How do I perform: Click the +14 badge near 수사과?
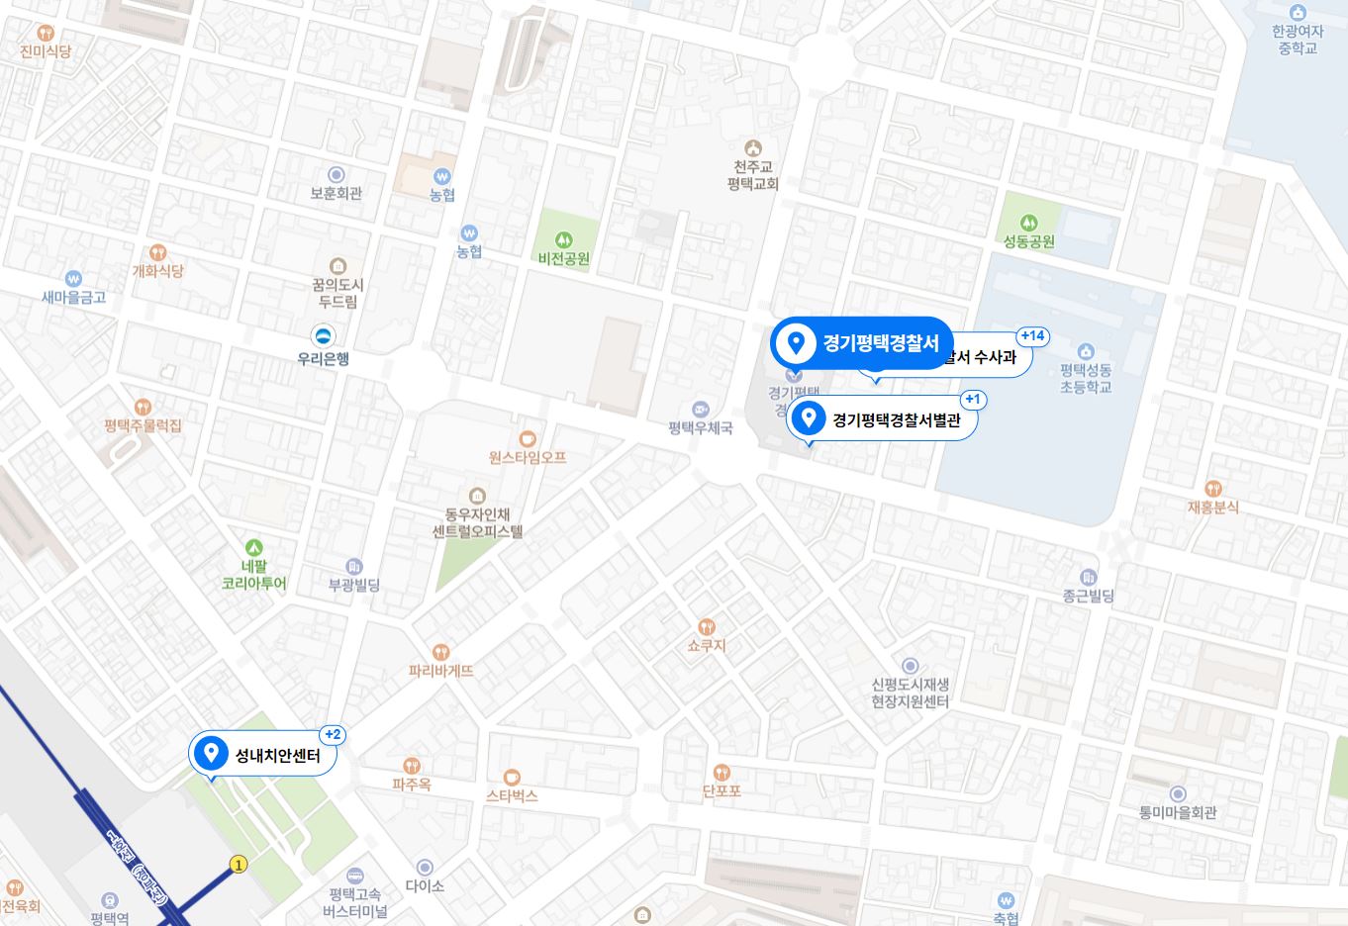click(x=1032, y=336)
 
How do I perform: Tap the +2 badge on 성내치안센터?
click(x=333, y=735)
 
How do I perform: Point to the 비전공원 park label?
click(x=564, y=259)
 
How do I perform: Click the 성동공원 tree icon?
click(x=1029, y=223)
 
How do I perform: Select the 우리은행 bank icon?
click(x=323, y=335)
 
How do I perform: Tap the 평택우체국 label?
click(x=701, y=428)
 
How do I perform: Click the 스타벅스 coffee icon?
click(x=512, y=777)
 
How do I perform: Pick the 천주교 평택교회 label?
click(x=753, y=175)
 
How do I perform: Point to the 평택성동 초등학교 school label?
click(x=1086, y=378)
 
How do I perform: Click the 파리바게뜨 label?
click(x=441, y=671)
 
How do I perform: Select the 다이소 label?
click(x=425, y=885)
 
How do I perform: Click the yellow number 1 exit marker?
click(x=238, y=864)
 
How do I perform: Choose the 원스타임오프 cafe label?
click(x=528, y=457)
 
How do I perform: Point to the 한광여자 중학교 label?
click(x=1297, y=40)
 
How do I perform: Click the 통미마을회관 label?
click(x=1178, y=813)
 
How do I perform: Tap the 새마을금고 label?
click(x=73, y=297)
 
